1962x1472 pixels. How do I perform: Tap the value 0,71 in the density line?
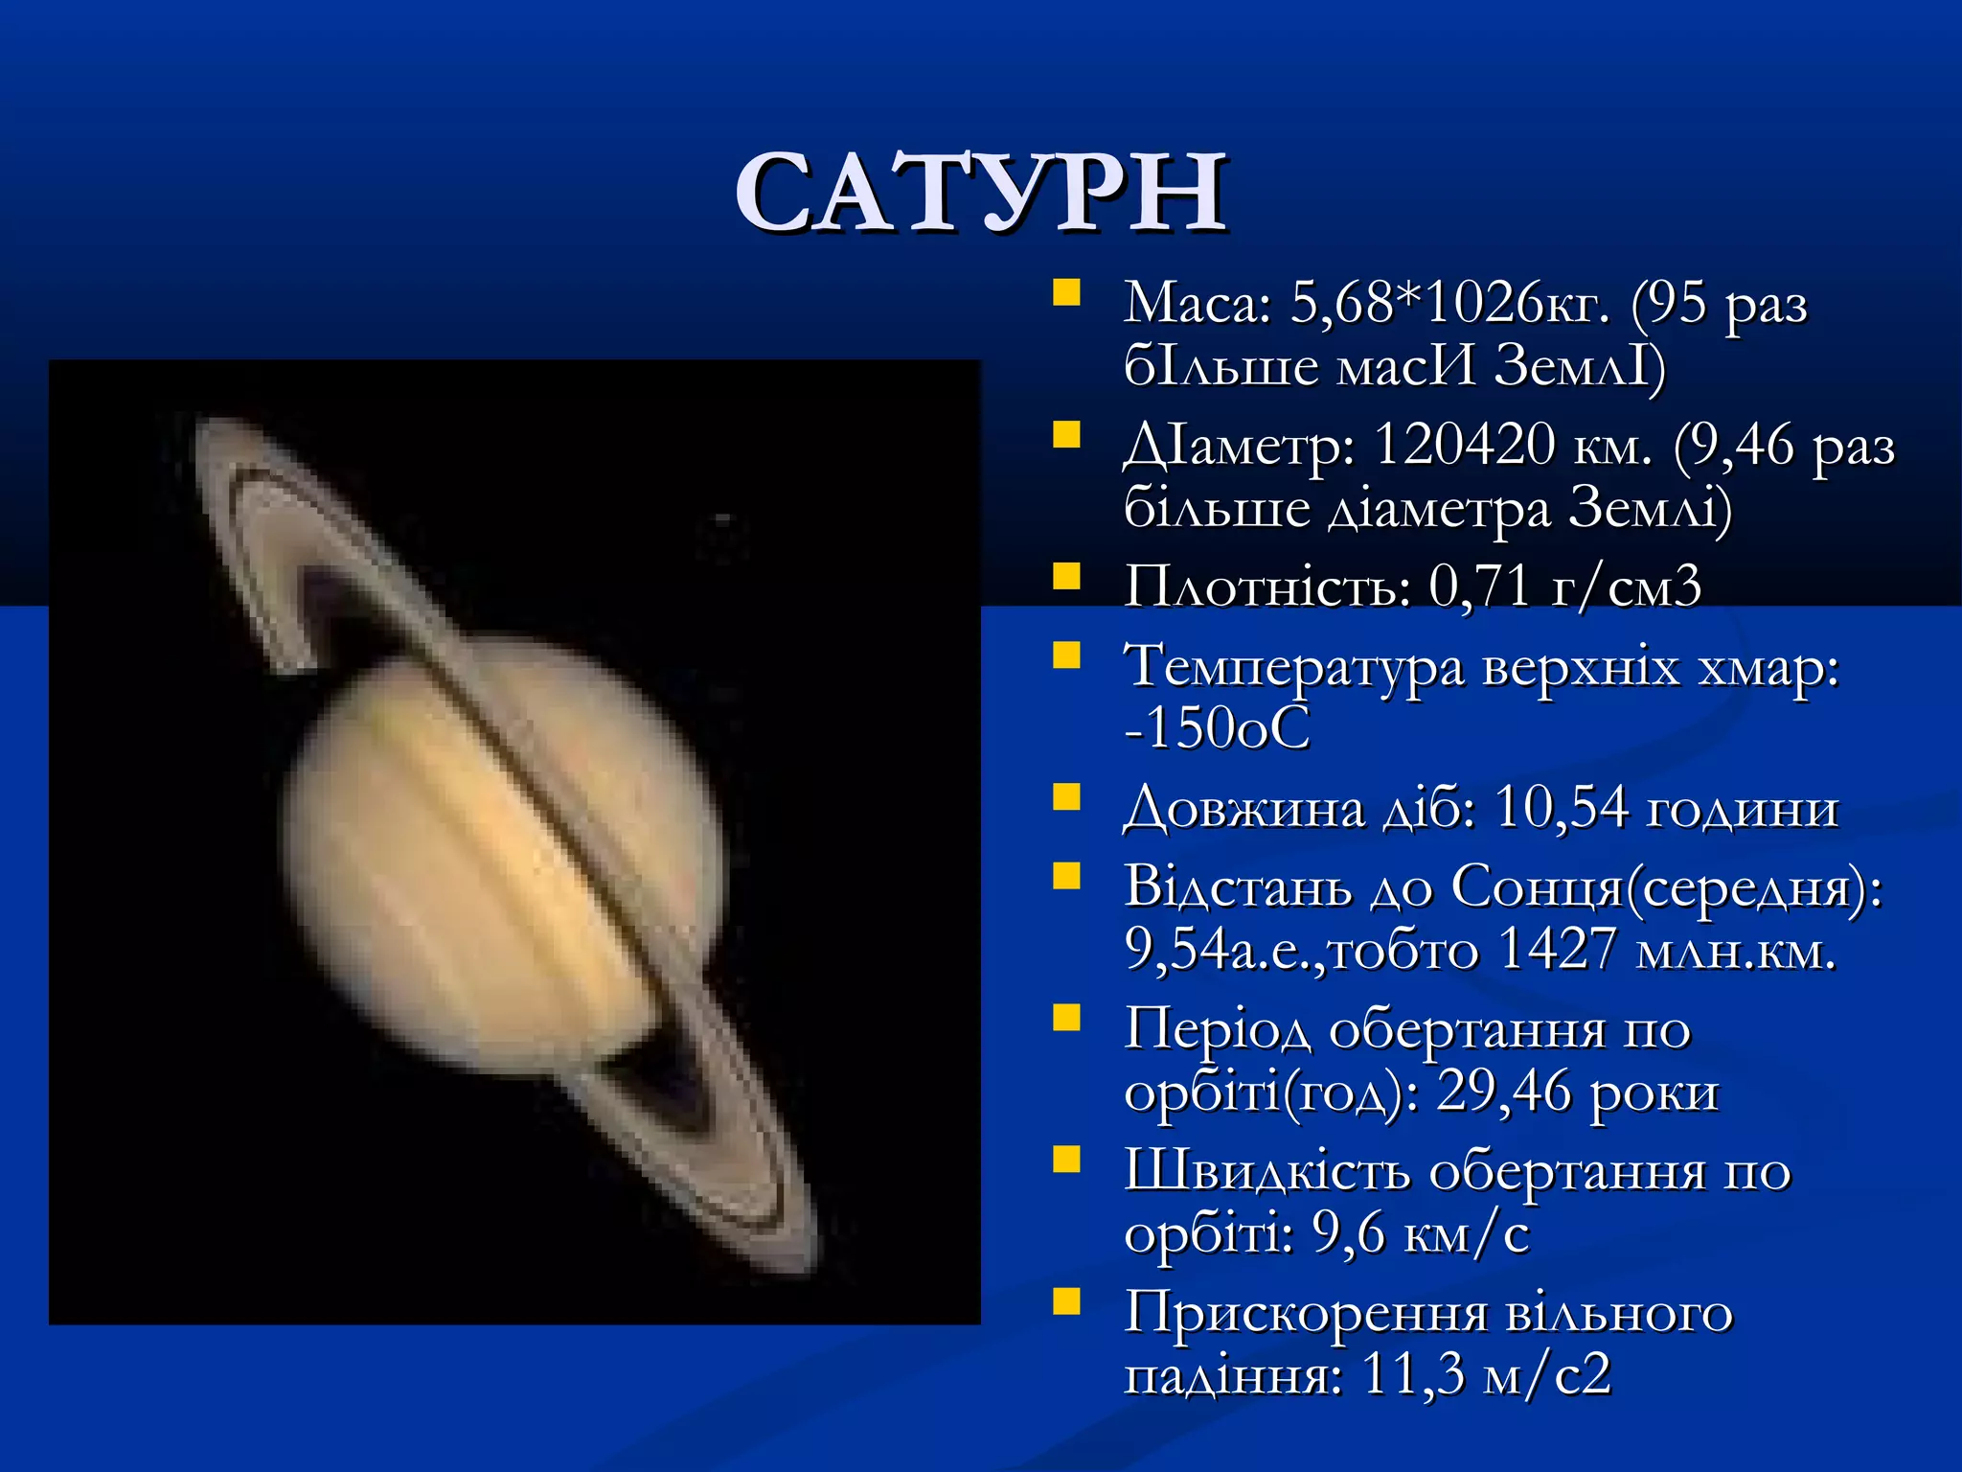coord(1479,586)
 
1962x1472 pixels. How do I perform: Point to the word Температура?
coord(1293,665)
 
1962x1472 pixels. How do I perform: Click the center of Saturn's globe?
coord(503,853)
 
